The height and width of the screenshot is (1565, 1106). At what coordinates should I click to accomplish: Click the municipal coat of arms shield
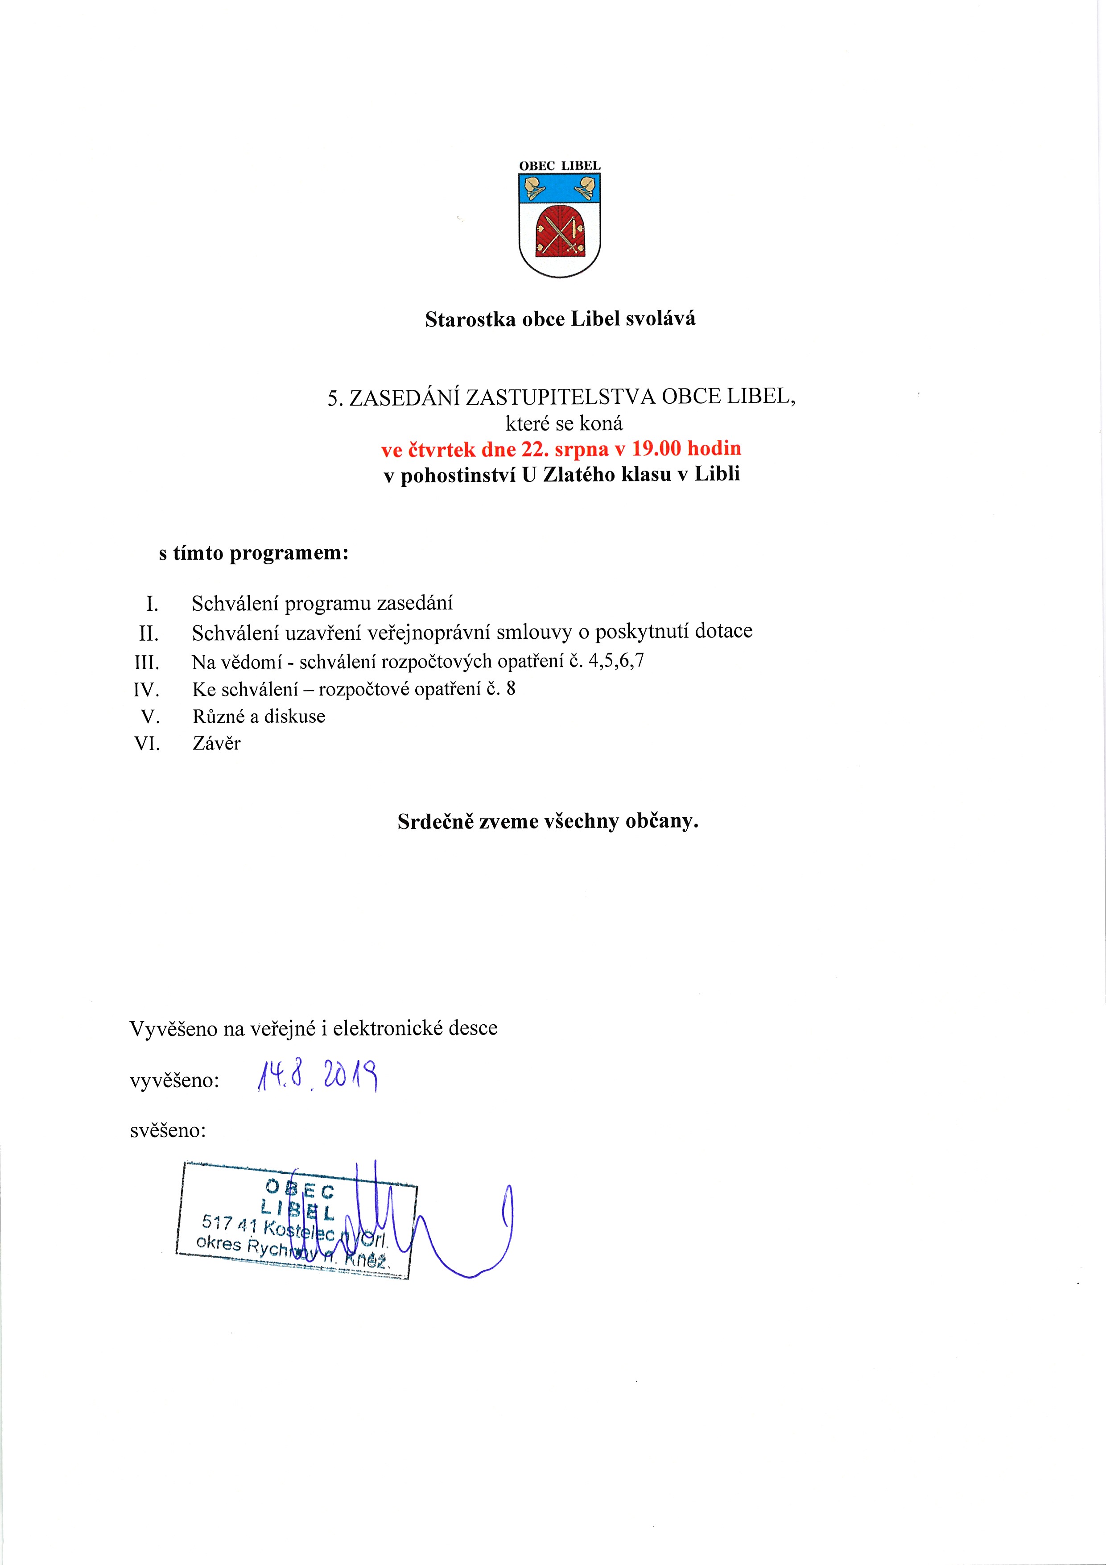pyautogui.click(x=560, y=224)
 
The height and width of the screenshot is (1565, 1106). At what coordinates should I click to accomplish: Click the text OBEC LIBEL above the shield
pyautogui.click(x=560, y=166)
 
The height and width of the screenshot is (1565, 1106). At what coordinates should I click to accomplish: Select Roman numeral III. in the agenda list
pyautogui.click(x=147, y=662)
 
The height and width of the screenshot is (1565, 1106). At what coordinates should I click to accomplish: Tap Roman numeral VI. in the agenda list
pyautogui.click(x=147, y=744)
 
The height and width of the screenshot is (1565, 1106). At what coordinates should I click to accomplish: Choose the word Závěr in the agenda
pyautogui.click(x=217, y=744)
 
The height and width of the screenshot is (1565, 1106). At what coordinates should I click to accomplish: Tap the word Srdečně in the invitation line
pyautogui.click(x=434, y=821)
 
